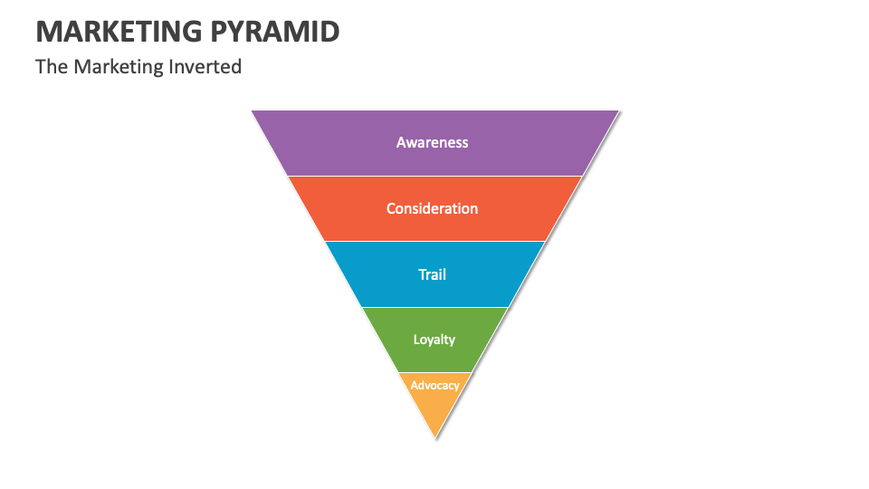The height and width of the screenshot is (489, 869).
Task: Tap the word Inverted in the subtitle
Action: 205,66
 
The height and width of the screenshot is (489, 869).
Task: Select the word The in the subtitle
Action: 50,66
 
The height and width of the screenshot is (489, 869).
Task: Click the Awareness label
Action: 433,142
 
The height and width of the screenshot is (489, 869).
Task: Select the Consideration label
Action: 432,208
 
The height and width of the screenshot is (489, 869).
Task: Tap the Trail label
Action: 432,274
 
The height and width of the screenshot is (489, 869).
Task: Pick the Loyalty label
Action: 434,340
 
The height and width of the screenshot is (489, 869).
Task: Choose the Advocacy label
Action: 434,385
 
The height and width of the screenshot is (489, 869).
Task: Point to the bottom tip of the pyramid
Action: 435,438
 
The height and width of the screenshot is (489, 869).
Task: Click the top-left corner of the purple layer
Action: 253,111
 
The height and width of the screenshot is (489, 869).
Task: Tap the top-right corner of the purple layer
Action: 618,111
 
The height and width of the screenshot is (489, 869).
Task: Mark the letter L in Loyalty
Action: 416,340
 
